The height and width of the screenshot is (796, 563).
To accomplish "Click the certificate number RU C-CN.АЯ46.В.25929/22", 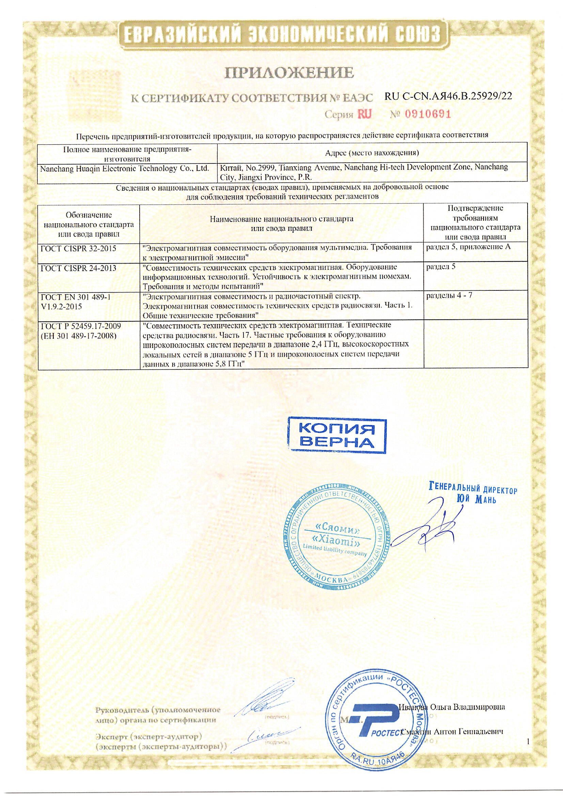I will (x=448, y=96).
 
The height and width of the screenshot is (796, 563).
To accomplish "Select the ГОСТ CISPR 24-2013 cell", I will (x=78, y=268).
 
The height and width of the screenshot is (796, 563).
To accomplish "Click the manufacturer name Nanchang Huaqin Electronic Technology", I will (x=125, y=169).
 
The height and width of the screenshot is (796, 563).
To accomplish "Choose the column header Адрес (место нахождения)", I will (x=372, y=153).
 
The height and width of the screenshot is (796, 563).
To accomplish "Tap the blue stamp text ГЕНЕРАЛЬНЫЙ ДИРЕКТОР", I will (x=473, y=489).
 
